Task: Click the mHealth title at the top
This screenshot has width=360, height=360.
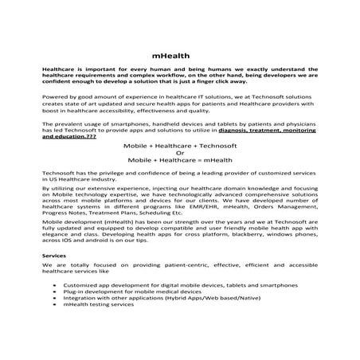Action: pos(180,57)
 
